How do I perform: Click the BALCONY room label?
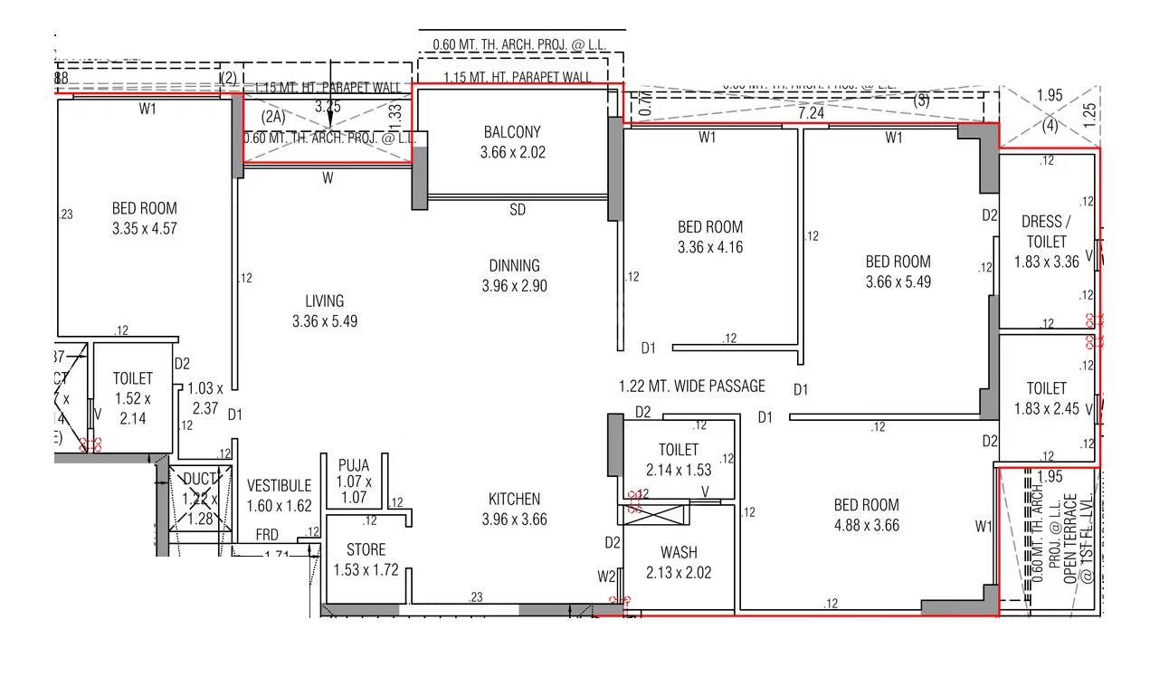click(512, 133)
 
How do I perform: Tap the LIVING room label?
click(324, 301)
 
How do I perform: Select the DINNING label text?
click(514, 266)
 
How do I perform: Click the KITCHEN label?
click(514, 500)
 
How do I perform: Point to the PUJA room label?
click(354, 466)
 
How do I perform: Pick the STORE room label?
click(366, 550)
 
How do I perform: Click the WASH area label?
click(679, 553)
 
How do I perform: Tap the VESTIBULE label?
click(279, 487)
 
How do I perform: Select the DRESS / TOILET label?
click(1044, 232)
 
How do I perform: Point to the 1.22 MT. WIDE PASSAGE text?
click(691, 386)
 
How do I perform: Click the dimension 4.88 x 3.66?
click(867, 525)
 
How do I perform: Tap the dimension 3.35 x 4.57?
click(145, 229)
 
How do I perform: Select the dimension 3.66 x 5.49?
click(898, 281)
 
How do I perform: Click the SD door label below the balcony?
click(518, 210)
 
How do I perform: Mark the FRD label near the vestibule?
click(267, 535)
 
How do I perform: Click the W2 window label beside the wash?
click(606, 576)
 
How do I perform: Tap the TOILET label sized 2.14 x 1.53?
click(679, 450)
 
